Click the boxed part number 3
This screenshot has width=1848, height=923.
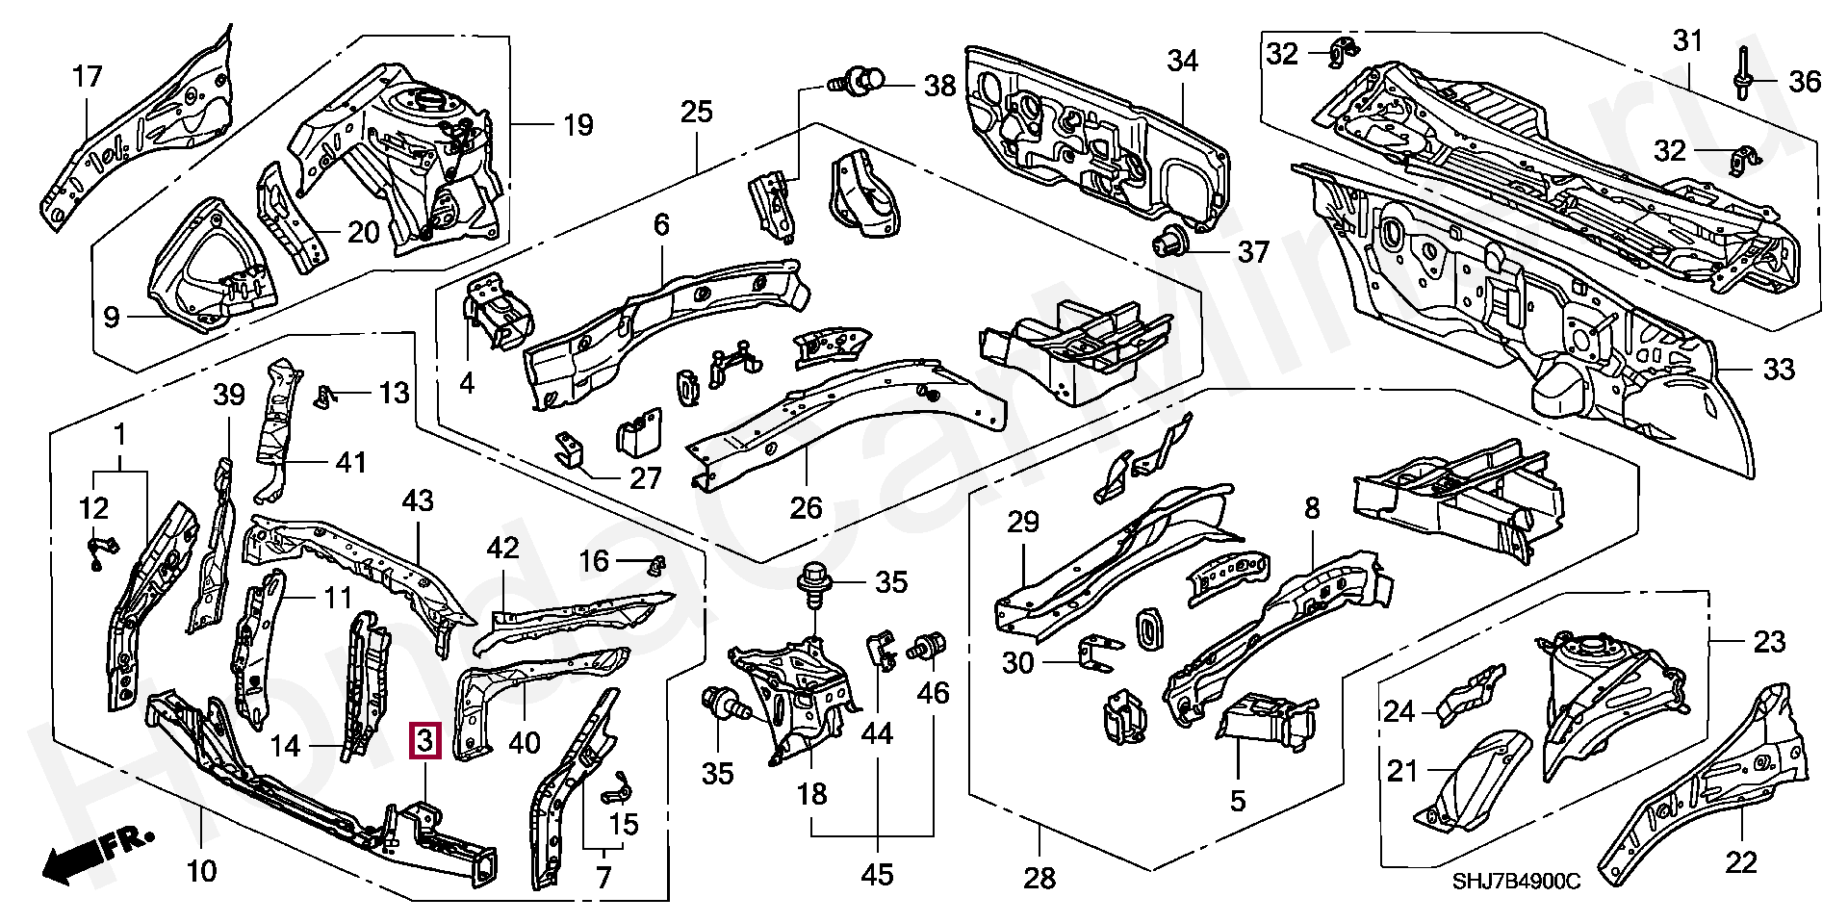(x=425, y=741)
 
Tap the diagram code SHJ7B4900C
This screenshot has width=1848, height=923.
(x=1516, y=881)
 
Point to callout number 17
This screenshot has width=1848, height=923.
(x=88, y=77)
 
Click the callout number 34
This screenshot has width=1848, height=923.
(x=1182, y=62)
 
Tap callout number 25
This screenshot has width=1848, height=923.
(x=696, y=112)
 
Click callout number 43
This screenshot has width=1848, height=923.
(x=418, y=501)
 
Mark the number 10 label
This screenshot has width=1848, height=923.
(x=201, y=872)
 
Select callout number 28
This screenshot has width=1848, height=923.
(x=1039, y=877)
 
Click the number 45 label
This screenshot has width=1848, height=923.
(x=877, y=874)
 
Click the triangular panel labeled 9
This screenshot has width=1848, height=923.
(x=212, y=265)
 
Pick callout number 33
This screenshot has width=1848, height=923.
(x=1779, y=369)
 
